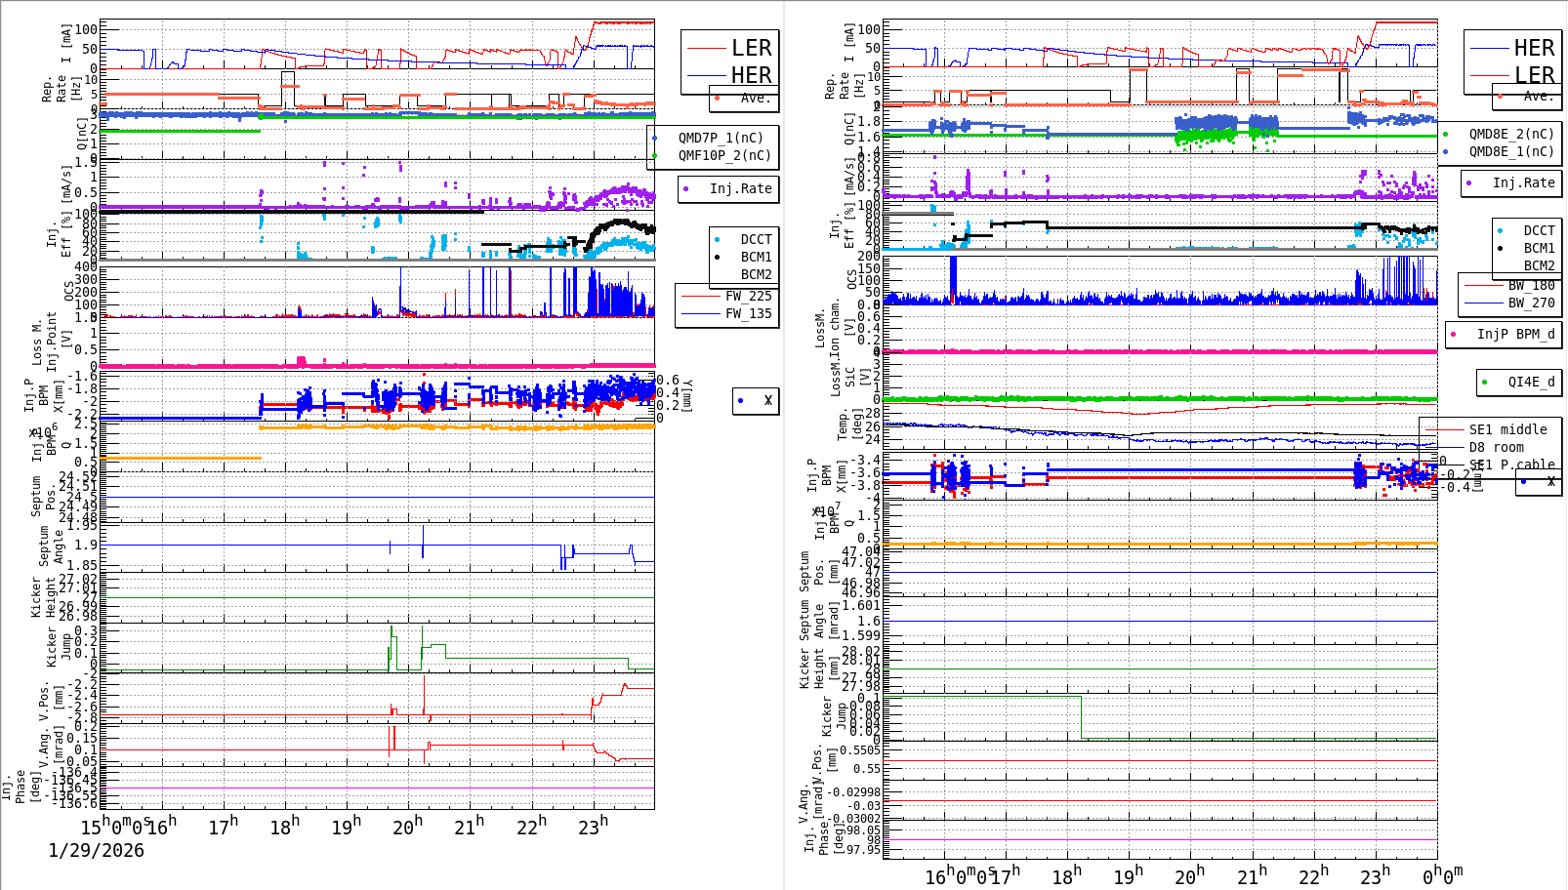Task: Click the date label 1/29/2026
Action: tap(96, 851)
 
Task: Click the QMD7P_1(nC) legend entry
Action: tap(721, 138)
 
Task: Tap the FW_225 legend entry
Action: tap(747, 296)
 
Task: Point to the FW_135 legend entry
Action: tap(747, 313)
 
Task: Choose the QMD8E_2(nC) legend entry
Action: tap(1510, 134)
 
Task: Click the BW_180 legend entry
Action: tap(1530, 285)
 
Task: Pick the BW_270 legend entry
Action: tap(1530, 303)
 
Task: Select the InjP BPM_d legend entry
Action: tap(1514, 334)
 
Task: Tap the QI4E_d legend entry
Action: tap(1530, 382)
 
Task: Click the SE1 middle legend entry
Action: tap(1507, 429)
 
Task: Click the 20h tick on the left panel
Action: tap(407, 828)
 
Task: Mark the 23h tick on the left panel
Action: tap(593, 828)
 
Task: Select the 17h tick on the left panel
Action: tap(223, 828)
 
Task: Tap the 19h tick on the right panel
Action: tap(1128, 876)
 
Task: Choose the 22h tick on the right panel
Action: tap(1312, 876)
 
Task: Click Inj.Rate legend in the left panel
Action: tap(740, 188)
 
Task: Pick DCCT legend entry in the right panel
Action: tap(1539, 230)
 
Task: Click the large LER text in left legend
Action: tap(751, 48)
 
